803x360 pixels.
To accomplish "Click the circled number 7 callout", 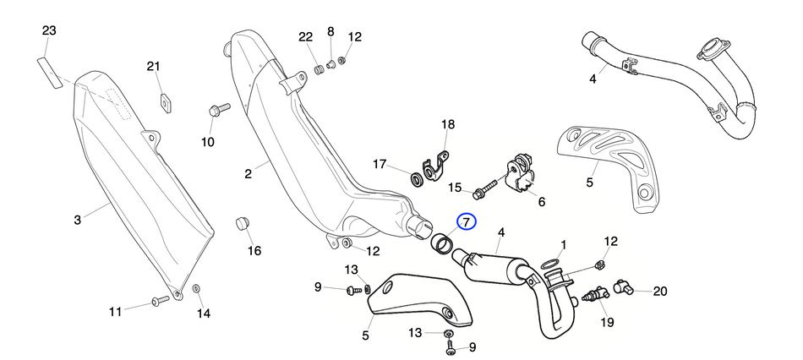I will point(467,222).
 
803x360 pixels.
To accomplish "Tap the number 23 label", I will point(49,31).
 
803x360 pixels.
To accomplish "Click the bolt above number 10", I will point(216,110).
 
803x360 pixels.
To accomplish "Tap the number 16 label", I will point(254,250).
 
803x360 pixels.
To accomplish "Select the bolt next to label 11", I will point(160,301).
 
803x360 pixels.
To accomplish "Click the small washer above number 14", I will point(197,290).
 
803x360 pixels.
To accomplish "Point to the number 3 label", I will point(77,221).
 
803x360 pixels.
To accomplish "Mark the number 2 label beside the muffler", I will point(249,174).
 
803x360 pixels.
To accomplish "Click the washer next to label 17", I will point(417,178).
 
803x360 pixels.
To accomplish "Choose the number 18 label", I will point(448,125).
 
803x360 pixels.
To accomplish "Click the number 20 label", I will point(659,291).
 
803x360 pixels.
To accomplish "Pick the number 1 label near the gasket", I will point(563,244).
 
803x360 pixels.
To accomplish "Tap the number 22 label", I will point(305,37).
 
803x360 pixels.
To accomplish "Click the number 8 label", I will point(330,32).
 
